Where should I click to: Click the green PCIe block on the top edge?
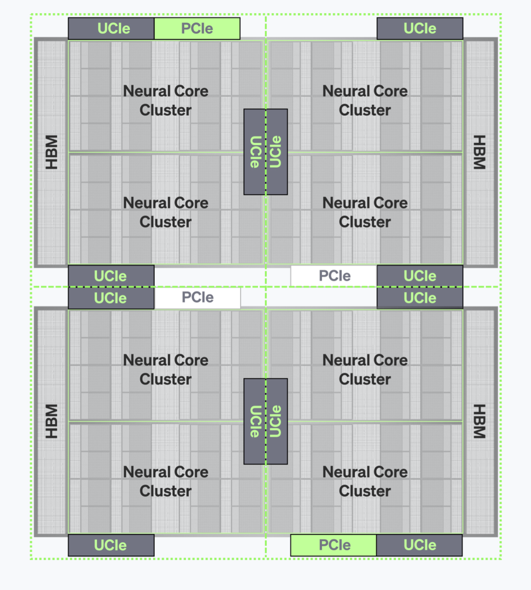[197, 29]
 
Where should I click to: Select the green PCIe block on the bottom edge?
[334, 545]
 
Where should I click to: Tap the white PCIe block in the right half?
[334, 276]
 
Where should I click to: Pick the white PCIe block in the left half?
[197, 298]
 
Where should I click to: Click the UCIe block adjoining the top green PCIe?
[111, 29]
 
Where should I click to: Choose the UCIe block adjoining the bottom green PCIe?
[420, 545]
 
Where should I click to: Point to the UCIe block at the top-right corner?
[420, 29]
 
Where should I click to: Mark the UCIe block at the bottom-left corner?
[111, 545]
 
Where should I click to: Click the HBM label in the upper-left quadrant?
[51, 152]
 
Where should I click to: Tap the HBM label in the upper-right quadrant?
[480, 152]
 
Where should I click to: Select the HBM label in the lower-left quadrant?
[51, 421]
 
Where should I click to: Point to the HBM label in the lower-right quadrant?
[480, 421]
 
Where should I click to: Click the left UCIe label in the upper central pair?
[255, 152]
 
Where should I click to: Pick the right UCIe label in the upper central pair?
[276, 152]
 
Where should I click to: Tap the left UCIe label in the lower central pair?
[255, 421]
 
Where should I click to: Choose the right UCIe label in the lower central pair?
[276, 421]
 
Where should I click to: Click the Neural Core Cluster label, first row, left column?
[166, 100]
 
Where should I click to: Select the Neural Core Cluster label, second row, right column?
[365, 212]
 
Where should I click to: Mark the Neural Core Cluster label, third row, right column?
[365, 369]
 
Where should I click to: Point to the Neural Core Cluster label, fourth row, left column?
[166, 481]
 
